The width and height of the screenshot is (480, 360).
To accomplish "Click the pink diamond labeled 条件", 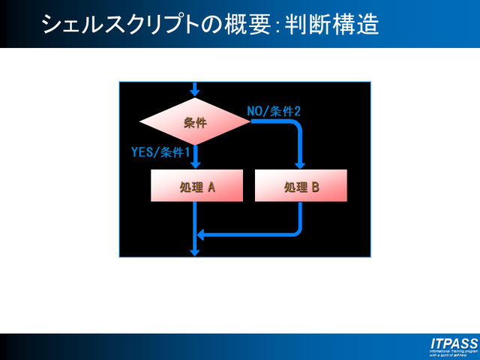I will (x=195, y=121).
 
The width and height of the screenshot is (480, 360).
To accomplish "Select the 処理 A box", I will (x=197, y=186).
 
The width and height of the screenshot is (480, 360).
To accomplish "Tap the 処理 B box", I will (x=301, y=186).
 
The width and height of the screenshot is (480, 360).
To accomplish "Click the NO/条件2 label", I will (x=274, y=111).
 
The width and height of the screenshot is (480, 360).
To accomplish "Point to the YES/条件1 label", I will (x=160, y=152).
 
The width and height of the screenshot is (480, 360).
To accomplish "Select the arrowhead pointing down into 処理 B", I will (x=301, y=165).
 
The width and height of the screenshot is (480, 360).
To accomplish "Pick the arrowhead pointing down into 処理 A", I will (x=195, y=165).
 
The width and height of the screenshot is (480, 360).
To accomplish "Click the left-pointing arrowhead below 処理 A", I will (x=201, y=234).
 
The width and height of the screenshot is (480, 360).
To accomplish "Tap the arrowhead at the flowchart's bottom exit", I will (x=195, y=252).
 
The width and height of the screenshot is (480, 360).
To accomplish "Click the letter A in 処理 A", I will (x=211, y=187).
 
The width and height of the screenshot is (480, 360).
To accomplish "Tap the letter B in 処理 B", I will (x=315, y=187).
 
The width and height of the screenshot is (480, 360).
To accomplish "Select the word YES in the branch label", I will (x=142, y=152).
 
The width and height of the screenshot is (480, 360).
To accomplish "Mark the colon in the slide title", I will (x=277, y=27).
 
